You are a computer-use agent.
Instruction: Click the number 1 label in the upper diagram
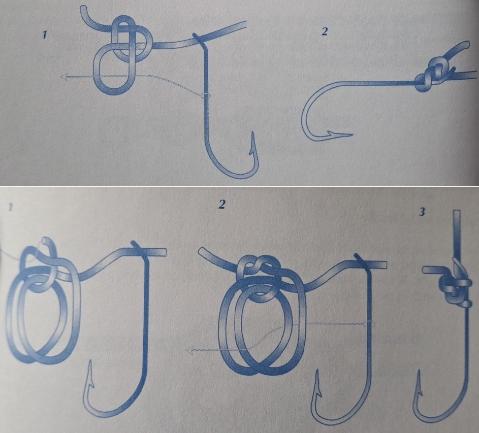click(x=45, y=35)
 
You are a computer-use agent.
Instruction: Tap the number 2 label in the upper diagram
click(x=325, y=31)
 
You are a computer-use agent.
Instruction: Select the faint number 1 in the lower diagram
click(x=10, y=208)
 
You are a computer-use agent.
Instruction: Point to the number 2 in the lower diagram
click(x=222, y=204)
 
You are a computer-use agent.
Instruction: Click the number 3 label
click(x=422, y=212)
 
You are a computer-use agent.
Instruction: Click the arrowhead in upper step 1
click(x=63, y=77)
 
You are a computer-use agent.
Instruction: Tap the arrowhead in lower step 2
click(x=189, y=350)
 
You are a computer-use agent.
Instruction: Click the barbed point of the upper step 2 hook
click(x=352, y=134)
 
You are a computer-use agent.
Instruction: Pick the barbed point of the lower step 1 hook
click(x=90, y=361)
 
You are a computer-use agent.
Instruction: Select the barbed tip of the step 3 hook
click(x=420, y=371)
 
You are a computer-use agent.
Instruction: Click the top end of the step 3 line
click(x=457, y=211)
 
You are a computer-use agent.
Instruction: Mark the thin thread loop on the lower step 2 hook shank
click(x=369, y=324)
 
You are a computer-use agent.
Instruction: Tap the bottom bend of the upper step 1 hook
click(x=235, y=175)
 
